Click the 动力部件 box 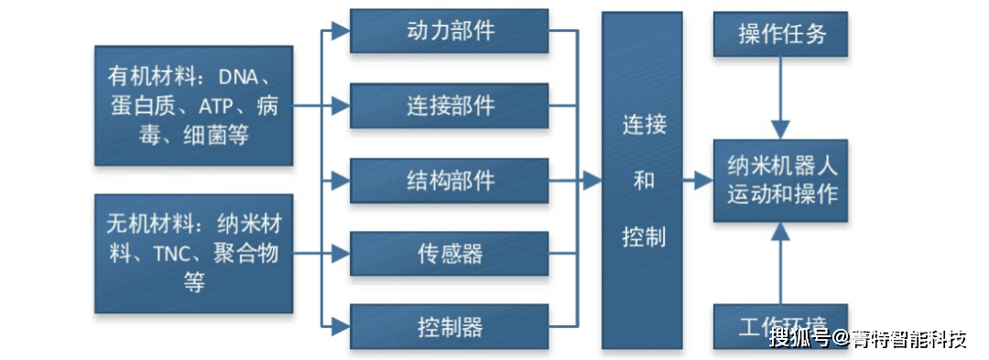click(x=450, y=31)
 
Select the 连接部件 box click(x=450, y=105)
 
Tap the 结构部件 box click(x=450, y=180)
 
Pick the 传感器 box click(x=450, y=253)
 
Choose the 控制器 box click(x=450, y=326)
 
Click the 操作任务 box click(x=781, y=34)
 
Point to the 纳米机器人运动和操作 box click(x=781, y=181)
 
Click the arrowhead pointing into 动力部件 click(x=341, y=31)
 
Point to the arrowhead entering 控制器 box click(x=341, y=326)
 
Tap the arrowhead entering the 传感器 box click(x=341, y=253)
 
